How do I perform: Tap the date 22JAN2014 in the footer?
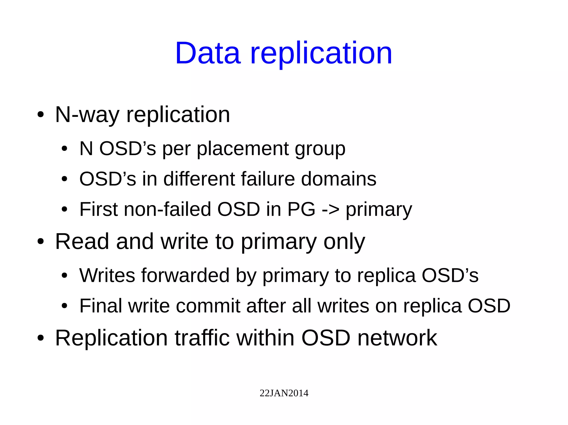click(x=284, y=393)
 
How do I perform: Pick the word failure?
click(x=268, y=179)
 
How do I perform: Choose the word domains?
click(x=339, y=179)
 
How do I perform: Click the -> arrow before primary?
click(x=331, y=210)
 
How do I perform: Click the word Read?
click(x=82, y=241)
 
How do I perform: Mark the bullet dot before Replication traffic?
click(x=41, y=338)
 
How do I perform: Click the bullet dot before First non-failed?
click(x=64, y=210)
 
